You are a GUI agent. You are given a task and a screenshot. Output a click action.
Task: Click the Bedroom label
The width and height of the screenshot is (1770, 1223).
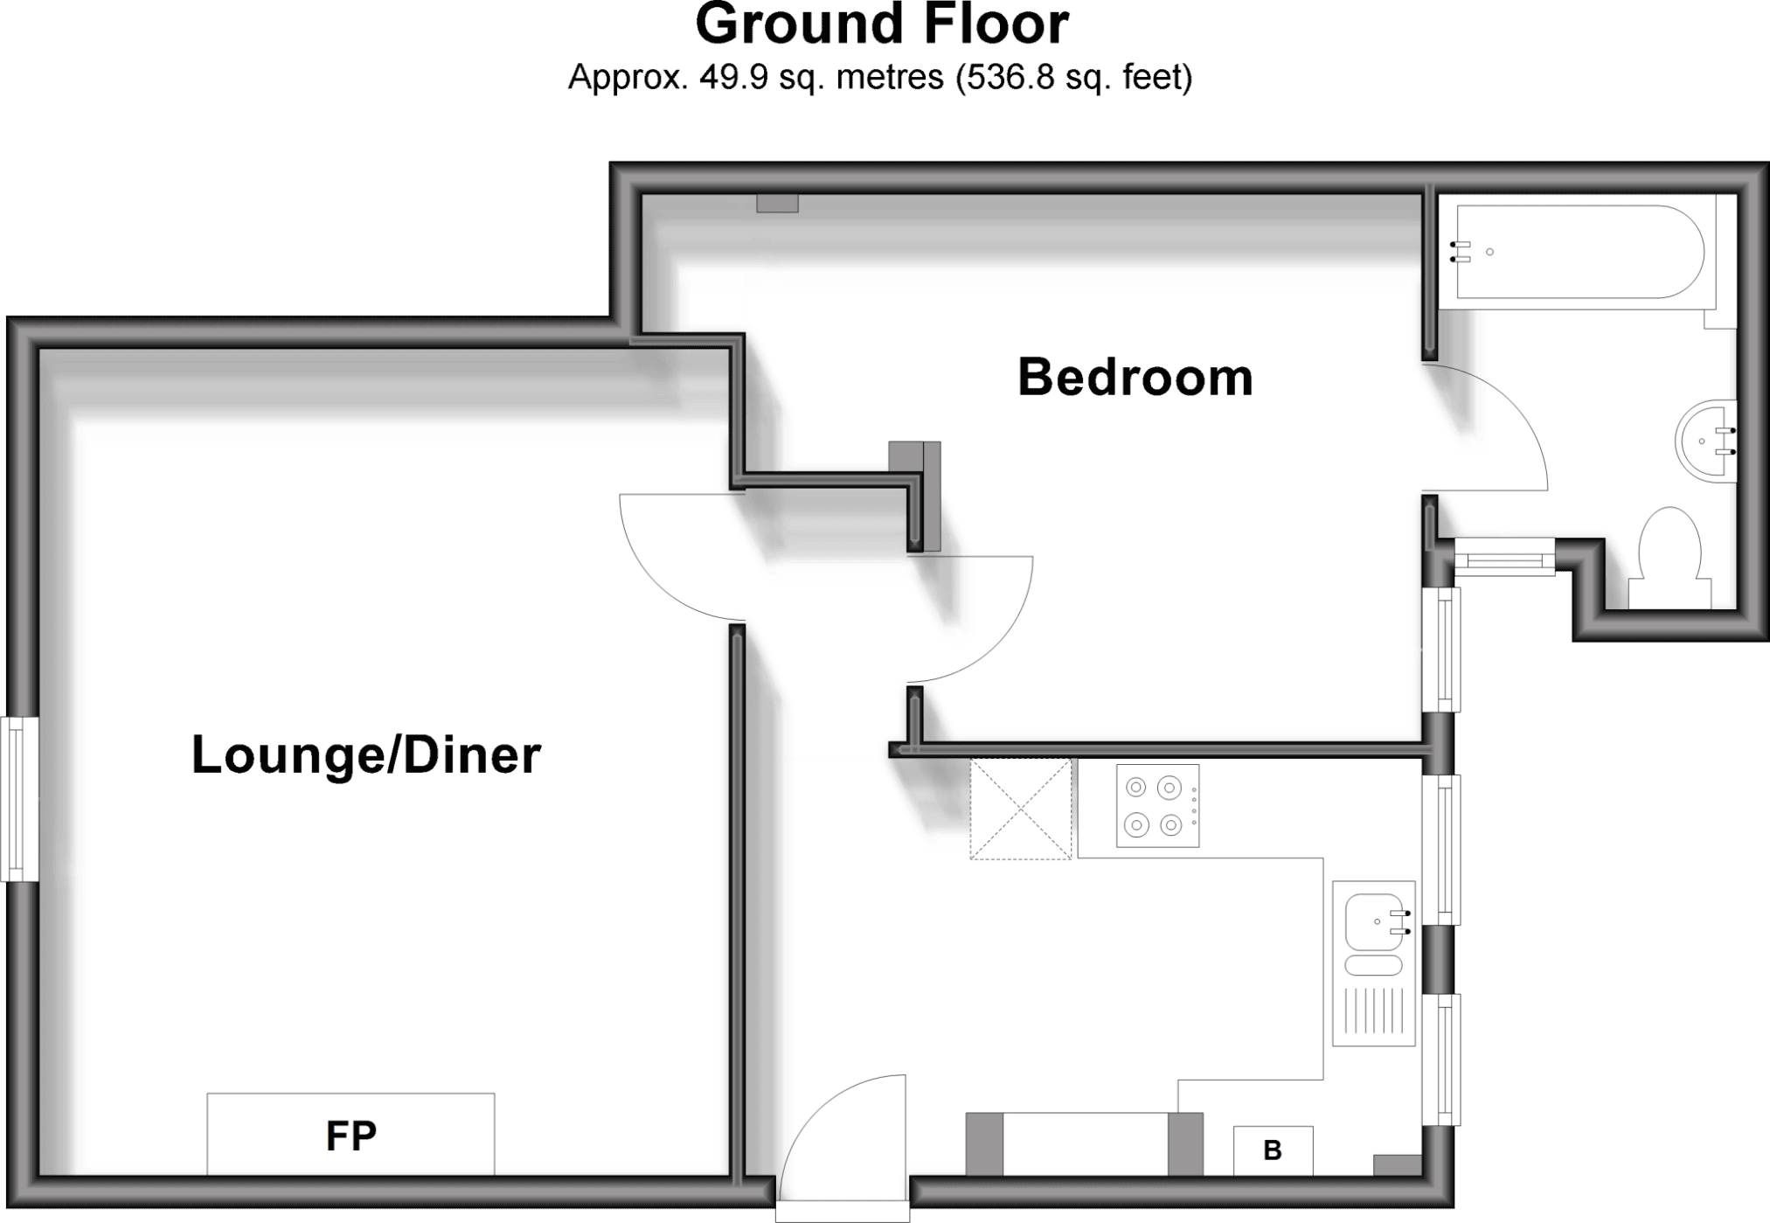(x=1135, y=378)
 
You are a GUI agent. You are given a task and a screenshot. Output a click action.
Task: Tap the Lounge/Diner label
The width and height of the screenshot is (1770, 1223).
(x=366, y=754)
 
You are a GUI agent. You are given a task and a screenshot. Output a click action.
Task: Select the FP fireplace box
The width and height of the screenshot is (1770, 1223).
(x=351, y=1134)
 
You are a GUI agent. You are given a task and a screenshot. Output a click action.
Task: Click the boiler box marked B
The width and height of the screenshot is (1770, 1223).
(x=1273, y=1150)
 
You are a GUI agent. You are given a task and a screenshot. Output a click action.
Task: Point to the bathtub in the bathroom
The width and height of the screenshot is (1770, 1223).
(x=1578, y=252)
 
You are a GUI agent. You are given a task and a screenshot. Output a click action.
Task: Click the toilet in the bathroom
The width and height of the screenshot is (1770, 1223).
(x=1669, y=558)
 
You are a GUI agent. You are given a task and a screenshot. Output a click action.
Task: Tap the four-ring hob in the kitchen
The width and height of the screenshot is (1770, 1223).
(x=1157, y=806)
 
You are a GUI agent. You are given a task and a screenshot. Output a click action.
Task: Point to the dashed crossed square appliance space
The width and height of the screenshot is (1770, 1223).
(x=1020, y=809)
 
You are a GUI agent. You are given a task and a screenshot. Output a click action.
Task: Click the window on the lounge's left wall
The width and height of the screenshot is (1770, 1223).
(x=19, y=799)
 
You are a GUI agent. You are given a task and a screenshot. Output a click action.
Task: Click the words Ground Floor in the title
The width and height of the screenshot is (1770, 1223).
(x=881, y=24)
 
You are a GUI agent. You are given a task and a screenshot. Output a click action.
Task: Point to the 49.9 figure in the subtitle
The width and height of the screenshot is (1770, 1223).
(x=733, y=78)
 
